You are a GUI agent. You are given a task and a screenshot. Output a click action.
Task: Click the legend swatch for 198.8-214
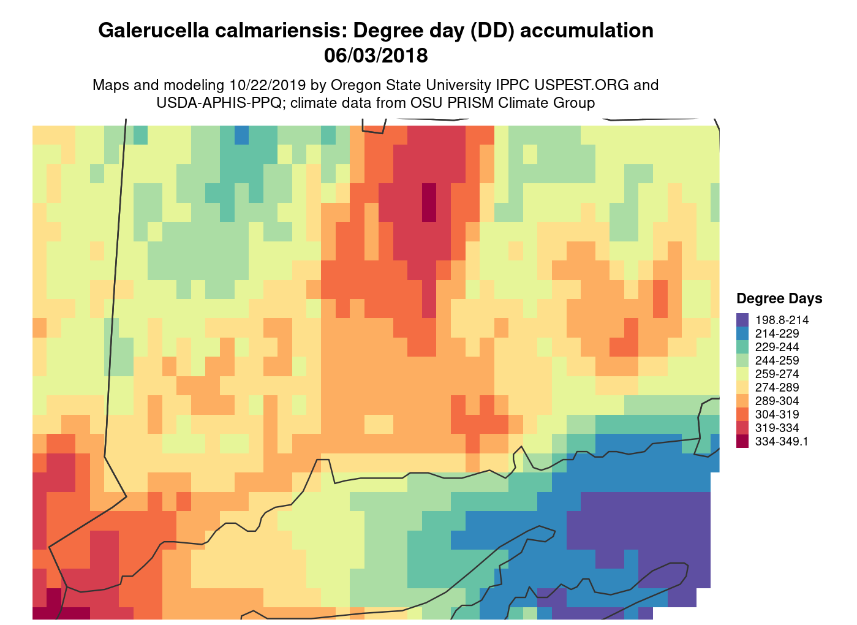(x=743, y=320)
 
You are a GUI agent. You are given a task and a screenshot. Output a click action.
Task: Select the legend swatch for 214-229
(x=743, y=333)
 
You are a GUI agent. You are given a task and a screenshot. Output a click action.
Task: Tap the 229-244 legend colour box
(x=743, y=347)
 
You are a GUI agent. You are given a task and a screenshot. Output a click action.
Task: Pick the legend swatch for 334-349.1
(x=743, y=441)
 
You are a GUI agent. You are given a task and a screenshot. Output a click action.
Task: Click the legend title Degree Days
(x=779, y=298)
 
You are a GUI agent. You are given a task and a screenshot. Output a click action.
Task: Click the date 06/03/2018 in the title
(x=376, y=56)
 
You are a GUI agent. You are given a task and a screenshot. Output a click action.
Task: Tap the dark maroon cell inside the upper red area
(x=429, y=202)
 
